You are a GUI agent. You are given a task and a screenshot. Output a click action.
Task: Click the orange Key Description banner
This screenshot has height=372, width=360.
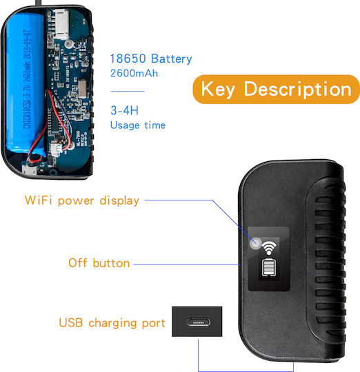[276, 89]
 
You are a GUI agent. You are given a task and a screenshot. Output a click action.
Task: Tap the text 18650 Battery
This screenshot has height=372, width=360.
[151, 59]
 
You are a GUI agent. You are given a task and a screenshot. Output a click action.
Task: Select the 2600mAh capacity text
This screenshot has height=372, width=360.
[134, 73]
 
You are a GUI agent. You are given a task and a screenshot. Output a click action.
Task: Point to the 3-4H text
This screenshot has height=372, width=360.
[124, 110]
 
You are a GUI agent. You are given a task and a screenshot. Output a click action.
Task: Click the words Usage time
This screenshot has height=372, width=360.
[138, 125]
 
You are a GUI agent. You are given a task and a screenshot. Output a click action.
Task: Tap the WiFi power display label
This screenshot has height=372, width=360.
[82, 200]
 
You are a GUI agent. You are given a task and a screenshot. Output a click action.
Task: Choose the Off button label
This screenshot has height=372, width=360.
[99, 263]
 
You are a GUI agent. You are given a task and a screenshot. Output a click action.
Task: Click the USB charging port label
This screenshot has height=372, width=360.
[112, 323]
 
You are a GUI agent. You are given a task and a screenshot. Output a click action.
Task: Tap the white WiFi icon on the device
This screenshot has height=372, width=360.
[269, 248]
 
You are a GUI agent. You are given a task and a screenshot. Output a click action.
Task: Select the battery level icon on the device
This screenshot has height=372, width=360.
[269, 267]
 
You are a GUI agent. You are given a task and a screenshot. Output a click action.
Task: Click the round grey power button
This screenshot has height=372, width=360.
[256, 243]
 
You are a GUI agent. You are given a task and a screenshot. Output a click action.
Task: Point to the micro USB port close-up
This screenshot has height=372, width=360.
[197, 322]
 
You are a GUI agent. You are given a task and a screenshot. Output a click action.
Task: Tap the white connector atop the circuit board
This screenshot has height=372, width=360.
[61, 24]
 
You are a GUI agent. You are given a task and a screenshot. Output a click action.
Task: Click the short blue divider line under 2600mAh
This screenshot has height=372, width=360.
[128, 91]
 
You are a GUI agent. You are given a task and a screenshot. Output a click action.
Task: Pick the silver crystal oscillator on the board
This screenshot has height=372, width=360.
[82, 89]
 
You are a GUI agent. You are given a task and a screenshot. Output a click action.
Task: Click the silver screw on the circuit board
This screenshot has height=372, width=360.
[69, 43]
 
